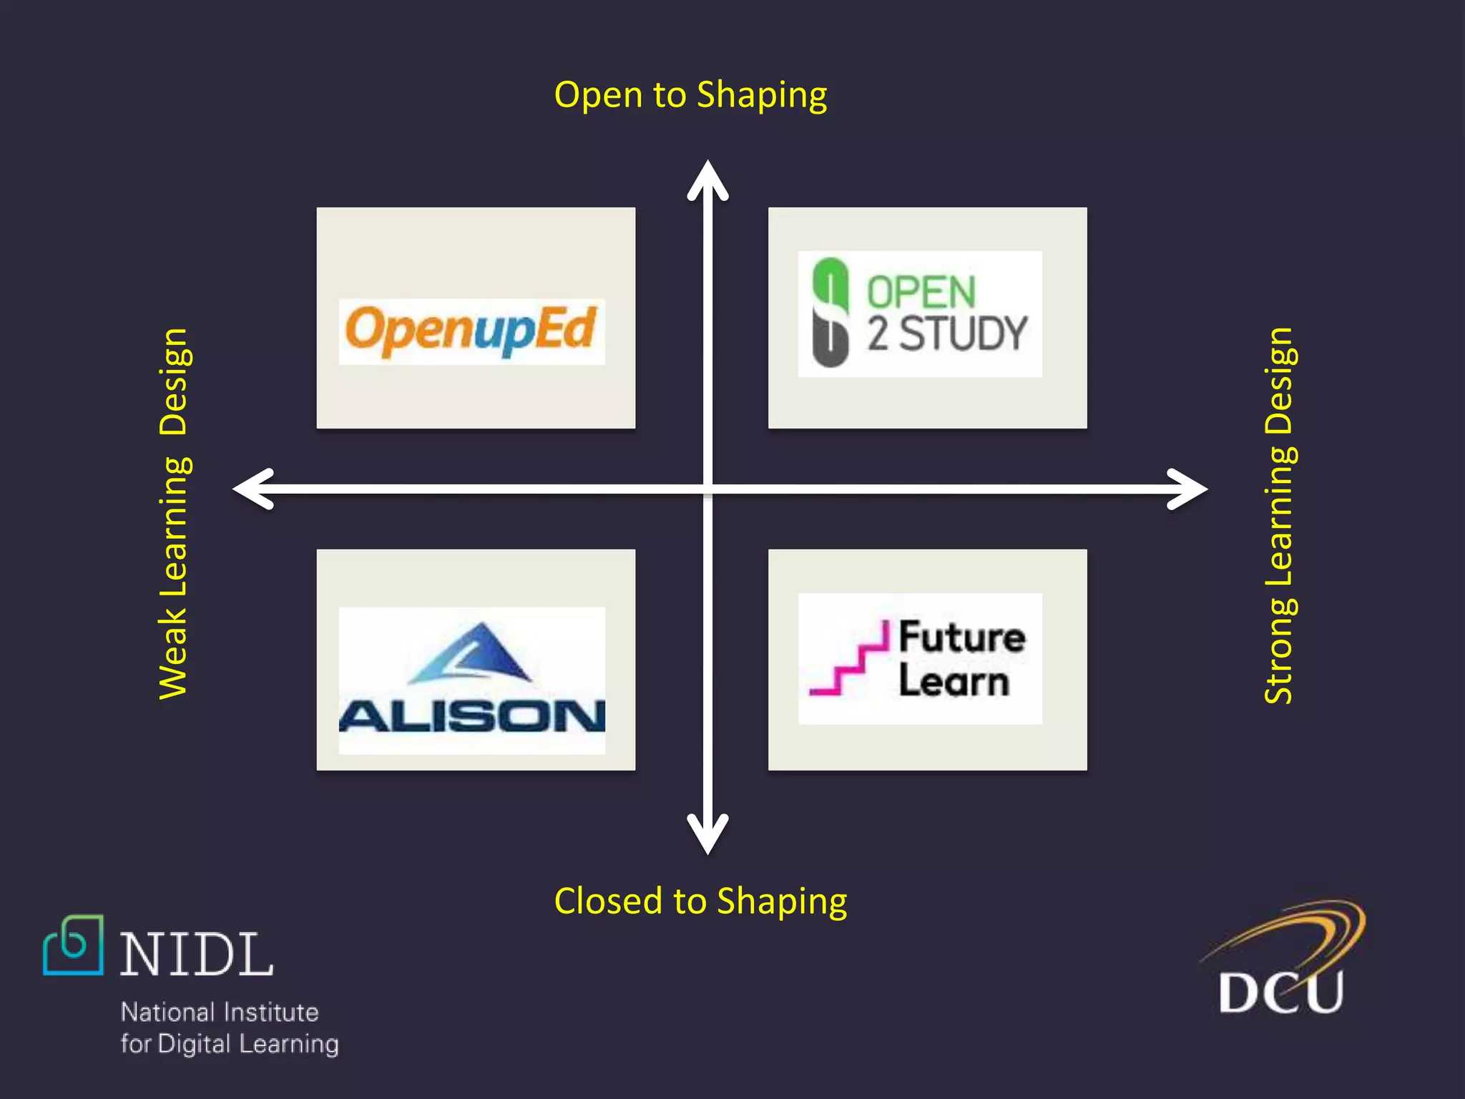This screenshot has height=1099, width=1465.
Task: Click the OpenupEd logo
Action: click(471, 331)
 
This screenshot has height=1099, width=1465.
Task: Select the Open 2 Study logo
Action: click(920, 314)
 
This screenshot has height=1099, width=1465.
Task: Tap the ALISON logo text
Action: click(471, 716)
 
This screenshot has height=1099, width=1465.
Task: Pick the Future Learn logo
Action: click(920, 658)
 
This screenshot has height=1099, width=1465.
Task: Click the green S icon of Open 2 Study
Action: click(831, 312)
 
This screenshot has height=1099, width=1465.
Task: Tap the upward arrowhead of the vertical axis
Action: click(707, 179)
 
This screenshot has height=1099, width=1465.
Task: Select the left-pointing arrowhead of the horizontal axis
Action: click(253, 489)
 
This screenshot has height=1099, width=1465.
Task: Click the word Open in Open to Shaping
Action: click(598, 95)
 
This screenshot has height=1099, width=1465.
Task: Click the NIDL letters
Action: click(197, 954)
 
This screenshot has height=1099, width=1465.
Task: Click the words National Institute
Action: click(220, 1012)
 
